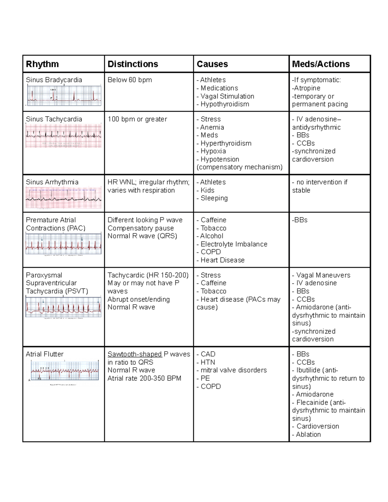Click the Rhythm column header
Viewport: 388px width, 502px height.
[x=42, y=64]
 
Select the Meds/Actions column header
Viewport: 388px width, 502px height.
[x=321, y=64]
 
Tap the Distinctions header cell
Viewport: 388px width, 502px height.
[x=133, y=64]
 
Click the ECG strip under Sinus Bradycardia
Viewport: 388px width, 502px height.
[x=64, y=95]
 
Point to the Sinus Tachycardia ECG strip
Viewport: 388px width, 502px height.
[x=63, y=136]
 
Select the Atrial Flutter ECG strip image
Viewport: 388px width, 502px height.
[x=65, y=370]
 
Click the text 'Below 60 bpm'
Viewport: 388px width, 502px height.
[x=130, y=80]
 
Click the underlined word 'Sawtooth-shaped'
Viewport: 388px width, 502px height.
[x=135, y=354]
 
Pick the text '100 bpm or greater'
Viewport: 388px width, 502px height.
[x=137, y=119]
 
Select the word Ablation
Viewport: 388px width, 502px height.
[x=308, y=434]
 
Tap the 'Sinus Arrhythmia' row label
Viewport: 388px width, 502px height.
[x=52, y=182]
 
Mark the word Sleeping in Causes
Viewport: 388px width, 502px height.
[x=214, y=198]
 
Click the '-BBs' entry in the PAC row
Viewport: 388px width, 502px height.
[x=300, y=220]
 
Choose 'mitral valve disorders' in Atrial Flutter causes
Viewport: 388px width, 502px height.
[x=233, y=370]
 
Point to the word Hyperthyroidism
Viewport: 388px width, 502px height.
[x=226, y=143]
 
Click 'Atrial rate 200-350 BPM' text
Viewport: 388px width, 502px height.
[x=144, y=378]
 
